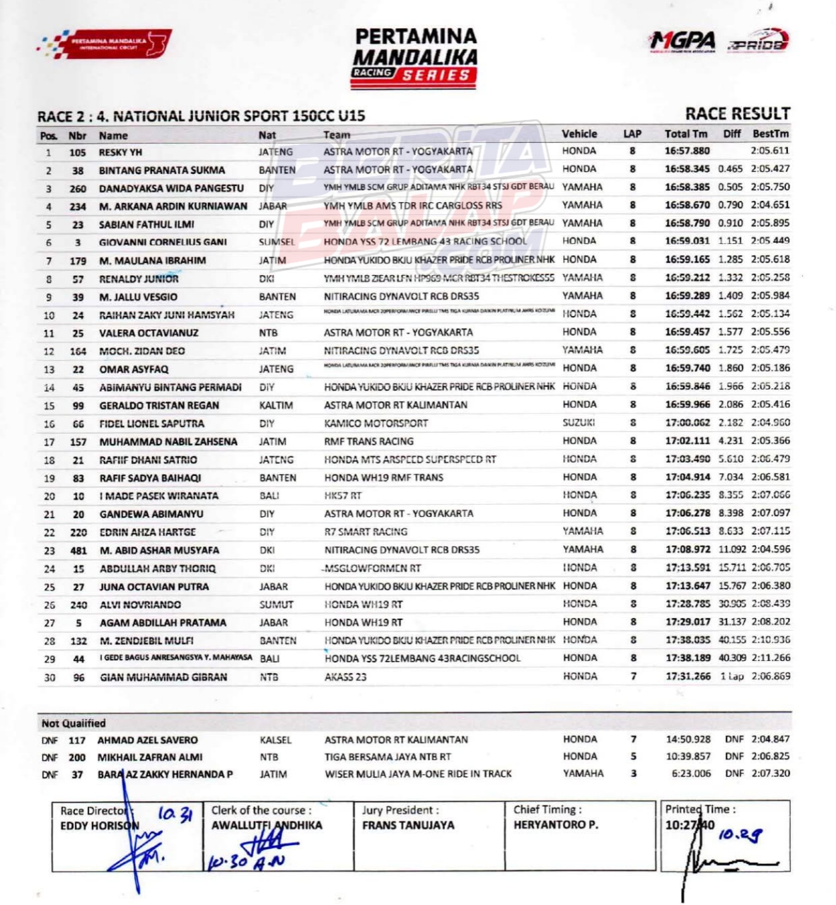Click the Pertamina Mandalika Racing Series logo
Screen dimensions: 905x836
pos(415,58)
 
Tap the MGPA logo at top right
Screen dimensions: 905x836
pos(683,42)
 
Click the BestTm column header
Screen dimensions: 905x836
pos(770,134)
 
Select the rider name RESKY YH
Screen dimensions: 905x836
pos(120,152)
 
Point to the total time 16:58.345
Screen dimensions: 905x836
pos(687,169)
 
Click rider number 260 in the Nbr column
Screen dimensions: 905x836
pos(78,189)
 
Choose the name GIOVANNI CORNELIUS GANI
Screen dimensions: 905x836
pos(163,243)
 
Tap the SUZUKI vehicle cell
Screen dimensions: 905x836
pos(579,423)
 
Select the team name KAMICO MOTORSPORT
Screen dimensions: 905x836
pos(376,424)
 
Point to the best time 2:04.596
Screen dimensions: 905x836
pos(770,549)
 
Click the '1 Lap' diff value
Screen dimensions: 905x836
pos(732,677)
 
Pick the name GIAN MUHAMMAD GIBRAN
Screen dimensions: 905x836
pos(163,677)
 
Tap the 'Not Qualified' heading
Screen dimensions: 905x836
pos(74,723)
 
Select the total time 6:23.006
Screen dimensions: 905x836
pos(691,773)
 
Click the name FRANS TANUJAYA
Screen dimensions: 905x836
pos(408,825)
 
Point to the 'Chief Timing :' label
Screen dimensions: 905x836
pos(547,810)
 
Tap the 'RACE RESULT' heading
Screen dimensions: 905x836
pos(737,114)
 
